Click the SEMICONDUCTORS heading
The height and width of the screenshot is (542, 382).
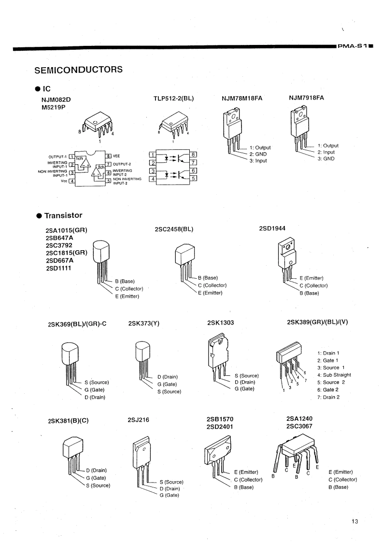click(x=78, y=70)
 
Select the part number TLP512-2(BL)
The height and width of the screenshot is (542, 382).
click(x=173, y=99)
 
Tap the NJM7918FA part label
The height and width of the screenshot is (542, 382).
click(x=306, y=98)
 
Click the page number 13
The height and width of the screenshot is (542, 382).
click(x=354, y=521)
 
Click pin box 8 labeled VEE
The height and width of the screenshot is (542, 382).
click(x=108, y=156)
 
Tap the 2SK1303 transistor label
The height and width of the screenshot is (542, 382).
click(x=221, y=323)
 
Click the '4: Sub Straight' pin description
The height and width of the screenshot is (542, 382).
click(x=334, y=375)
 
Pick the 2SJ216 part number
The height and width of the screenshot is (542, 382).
click(x=138, y=420)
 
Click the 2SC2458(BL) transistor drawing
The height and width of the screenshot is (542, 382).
click(x=185, y=263)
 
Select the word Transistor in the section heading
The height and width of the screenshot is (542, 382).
click(x=63, y=215)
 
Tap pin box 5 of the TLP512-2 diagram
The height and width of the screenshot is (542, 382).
click(x=194, y=178)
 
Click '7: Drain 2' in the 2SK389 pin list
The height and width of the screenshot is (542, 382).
click(x=328, y=397)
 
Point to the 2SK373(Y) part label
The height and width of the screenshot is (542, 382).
click(x=144, y=324)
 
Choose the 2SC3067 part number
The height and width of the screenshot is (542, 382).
click(x=299, y=426)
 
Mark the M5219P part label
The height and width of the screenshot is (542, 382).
click(x=53, y=107)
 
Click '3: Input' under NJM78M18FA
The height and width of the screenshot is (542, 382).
click(x=258, y=161)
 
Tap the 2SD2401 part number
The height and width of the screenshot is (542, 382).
click(x=220, y=427)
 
